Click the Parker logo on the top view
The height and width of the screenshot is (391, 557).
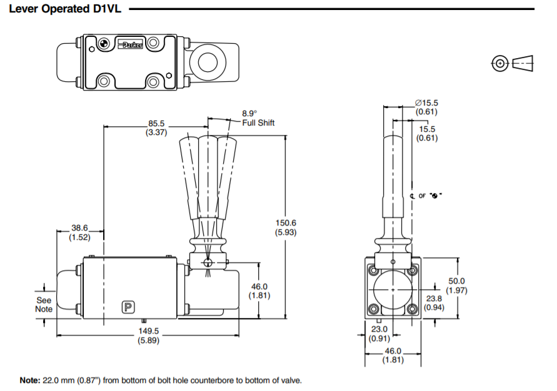131,46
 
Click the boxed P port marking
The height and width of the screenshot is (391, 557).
128,307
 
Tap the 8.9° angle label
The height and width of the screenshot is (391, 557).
249,114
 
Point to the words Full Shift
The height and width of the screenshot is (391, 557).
258,123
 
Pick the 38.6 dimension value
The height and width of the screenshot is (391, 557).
79,229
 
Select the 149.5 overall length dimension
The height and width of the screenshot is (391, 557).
148,331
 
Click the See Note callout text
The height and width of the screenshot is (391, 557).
44,304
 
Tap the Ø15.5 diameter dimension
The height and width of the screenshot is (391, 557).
428,103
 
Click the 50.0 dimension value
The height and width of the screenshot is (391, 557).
457,281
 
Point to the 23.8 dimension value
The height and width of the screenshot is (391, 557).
434,299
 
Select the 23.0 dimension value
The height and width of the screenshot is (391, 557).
380,329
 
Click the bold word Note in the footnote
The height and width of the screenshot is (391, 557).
29,380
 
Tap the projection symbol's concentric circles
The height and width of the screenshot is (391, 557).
499,63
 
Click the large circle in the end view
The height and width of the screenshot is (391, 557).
392,290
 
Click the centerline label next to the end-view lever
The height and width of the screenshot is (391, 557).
426,196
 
